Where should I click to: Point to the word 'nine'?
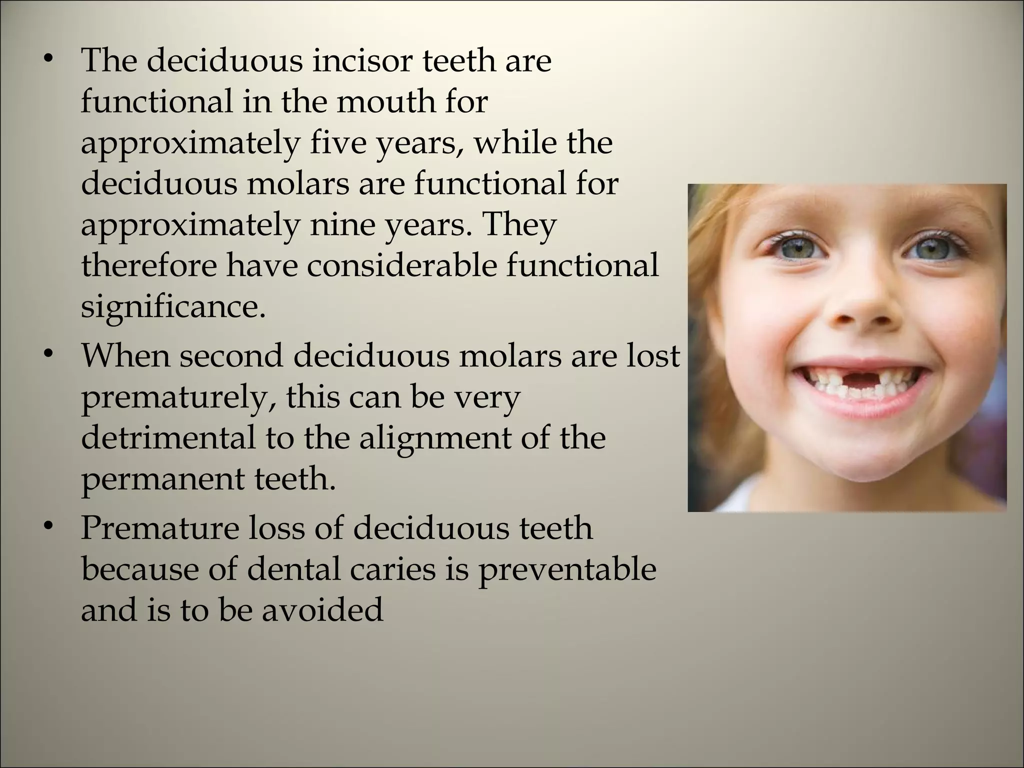pyautogui.click(x=338, y=225)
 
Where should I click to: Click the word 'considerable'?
pyautogui.click(x=402, y=265)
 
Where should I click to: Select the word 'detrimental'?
pyautogui.click(x=168, y=438)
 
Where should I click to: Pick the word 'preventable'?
pyautogui.click(x=566, y=569)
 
